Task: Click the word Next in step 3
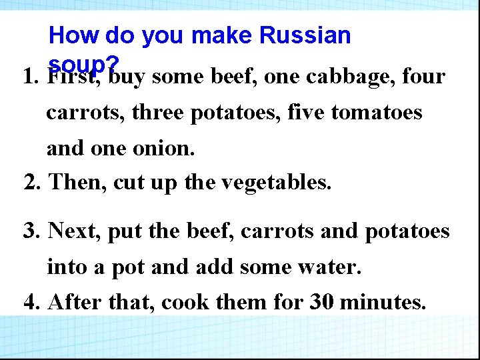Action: click(x=76, y=231)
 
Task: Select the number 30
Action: click(x=322, y=303)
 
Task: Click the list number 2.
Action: click(x=31, y=181)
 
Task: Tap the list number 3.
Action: click(x=31, y=231)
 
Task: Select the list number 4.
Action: click(x=31, y=303)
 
